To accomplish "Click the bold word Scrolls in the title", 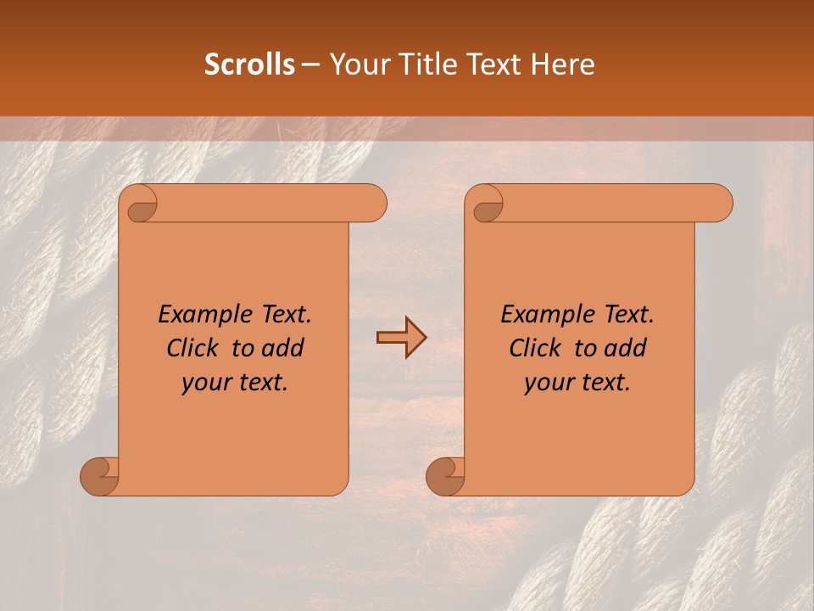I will (x=249, y=64).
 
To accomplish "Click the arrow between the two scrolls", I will (x=401, y=338).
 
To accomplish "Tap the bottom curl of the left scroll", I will (x=98, y=476).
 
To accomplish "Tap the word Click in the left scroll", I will (x=193, y=348).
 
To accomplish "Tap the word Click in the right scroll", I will (x=535, y=348).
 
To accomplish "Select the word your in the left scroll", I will (x=203, y=384).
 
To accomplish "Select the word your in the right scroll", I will (x=546, y=384).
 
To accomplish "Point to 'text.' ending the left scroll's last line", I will (x=263, y=383).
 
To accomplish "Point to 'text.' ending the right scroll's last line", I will (x=605, y=383).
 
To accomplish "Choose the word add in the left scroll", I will (x=284, y=348).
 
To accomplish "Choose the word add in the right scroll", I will (x=627, y=348).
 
